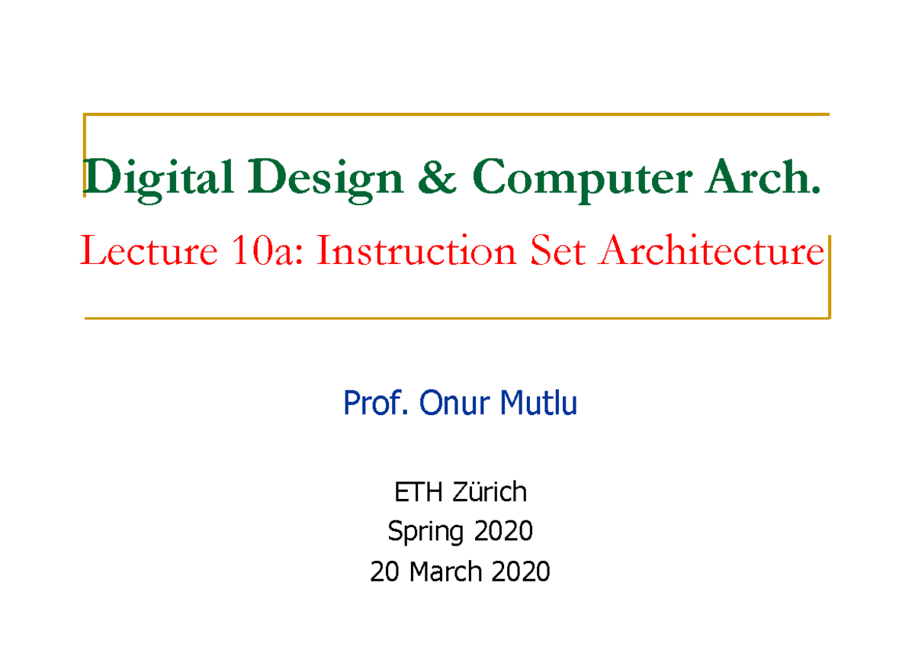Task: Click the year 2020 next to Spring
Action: [x=503, y=531]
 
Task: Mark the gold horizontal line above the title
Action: [x=457, y=114]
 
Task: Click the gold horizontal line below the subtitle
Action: [x=457, y=317]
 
